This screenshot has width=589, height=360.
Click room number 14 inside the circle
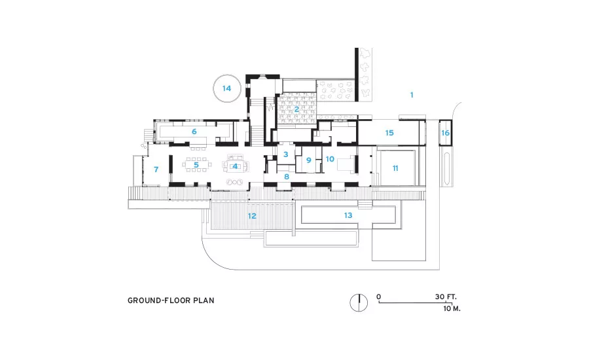(x=226, y=88)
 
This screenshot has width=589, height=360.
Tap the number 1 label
(x=412, y=95)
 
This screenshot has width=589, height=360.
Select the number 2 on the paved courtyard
(x=296, y=109)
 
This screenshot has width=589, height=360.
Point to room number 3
(x=286, y=154)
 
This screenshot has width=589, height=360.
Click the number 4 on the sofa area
(x=235, y=166)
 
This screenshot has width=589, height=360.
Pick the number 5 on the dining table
(x=196, y=164)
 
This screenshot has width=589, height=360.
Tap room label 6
(x=194, y=132)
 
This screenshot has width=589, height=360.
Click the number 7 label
(x=156, y=170)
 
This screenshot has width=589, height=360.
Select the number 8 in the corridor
(x=287, y=177)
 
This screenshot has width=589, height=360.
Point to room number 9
(x=309, y=160)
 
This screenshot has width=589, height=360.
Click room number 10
(x=330, y=159)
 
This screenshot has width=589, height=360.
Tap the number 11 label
(x=395, y=168)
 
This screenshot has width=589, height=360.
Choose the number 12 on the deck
(x=252, y=216)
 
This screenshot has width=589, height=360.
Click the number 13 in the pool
(x=348, y=215)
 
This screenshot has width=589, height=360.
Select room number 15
(x=389, y=133)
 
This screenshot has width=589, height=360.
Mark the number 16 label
(x=445, y=133)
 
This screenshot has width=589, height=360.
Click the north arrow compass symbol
(x=359, y=302)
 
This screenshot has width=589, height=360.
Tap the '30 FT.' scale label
(x=446, y=297)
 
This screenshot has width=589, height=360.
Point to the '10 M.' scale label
(x=452, y=308)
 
